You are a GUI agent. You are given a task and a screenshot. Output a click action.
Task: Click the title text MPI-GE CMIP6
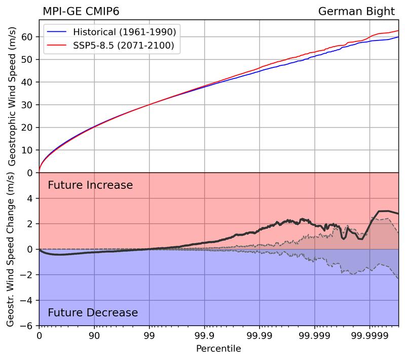click(x=81, y=11)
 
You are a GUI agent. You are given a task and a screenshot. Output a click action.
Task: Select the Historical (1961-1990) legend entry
click(x=124, y=32)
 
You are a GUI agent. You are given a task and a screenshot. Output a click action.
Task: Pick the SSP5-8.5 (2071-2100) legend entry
click(x=124, y=47)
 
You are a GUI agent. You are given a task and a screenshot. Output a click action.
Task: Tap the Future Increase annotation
click(x=90, y=185)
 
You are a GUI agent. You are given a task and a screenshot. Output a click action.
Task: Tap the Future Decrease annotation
click(x=93, y=312)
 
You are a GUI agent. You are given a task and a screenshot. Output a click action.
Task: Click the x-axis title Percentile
click(x=218, y=349)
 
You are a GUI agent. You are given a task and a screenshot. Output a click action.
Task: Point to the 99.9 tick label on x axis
click(x=204, y=335)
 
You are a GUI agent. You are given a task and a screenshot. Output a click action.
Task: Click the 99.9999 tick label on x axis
click(x=369, y=335)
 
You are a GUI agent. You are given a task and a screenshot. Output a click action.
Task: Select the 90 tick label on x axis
click(x=94, y=335)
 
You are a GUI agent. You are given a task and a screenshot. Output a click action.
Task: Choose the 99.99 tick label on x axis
click(x=259, y=335)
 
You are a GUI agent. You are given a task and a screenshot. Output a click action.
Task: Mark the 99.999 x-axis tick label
click(x=314, y=335)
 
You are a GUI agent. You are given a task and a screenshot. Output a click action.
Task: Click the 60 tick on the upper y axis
click(x=28, y=37)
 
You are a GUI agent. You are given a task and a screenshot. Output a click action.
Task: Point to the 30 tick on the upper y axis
click(x=28, y=105)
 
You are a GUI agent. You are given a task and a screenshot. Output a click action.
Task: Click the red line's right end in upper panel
click(x=398, y=31)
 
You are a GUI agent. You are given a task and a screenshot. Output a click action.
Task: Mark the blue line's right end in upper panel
click(x=398, y=37)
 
